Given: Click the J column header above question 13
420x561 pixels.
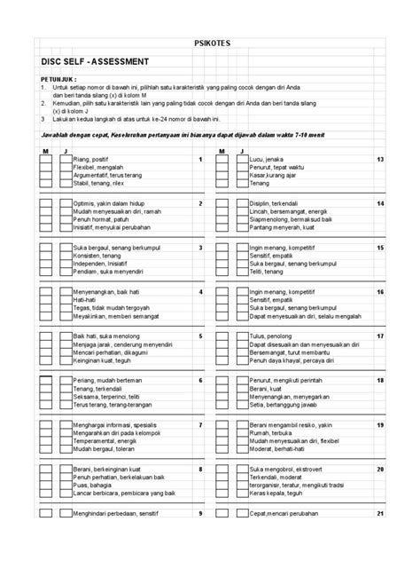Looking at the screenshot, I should coord(242,152).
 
